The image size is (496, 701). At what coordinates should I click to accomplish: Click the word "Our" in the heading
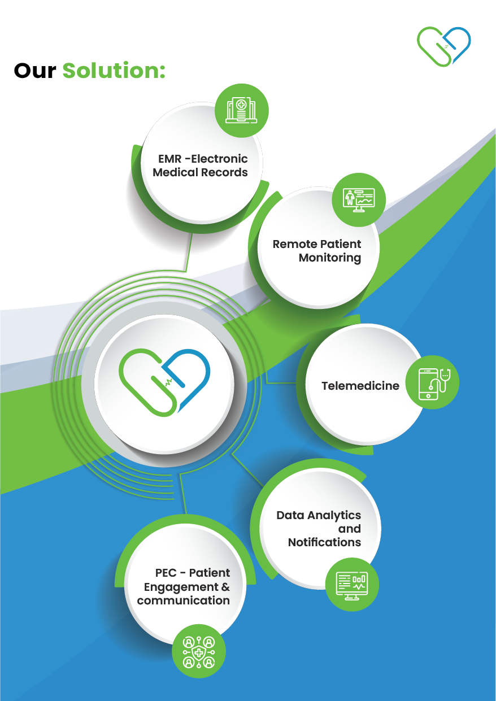tap(35, 71)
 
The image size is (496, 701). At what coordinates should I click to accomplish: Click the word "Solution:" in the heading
tap(114, 71)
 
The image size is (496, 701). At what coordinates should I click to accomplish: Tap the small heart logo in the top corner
tap(444, 45)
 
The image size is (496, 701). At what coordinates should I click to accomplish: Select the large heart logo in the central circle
tap(164, 382)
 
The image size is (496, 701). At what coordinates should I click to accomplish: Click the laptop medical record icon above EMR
tap(242, 111)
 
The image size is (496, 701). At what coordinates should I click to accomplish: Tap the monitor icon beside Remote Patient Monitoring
tap(359, 199)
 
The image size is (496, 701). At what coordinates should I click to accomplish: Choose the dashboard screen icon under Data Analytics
tap(352, 584)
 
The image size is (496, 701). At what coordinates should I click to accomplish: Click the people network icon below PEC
tap(199, 651)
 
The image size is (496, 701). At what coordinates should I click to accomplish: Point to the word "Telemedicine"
tap(360, 386)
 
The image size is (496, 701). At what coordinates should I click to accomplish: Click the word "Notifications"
tap(324, 542)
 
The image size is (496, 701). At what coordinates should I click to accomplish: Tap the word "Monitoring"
tap(330, 258)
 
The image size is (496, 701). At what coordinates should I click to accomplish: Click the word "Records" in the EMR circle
tap(225, 172)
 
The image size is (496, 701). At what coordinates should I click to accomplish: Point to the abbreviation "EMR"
tap(169, 159)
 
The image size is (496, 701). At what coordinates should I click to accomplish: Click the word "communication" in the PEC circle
tap(183, 600)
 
